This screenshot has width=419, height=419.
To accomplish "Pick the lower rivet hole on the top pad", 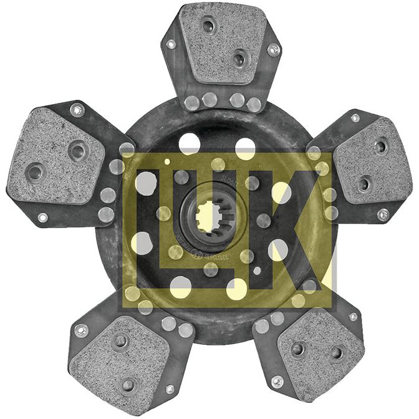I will point(239,59).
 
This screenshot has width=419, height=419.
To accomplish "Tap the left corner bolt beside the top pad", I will point(171,44).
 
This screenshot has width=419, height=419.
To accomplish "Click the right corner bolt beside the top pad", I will point(273,49).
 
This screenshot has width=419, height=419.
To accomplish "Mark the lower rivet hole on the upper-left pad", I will point(35,171).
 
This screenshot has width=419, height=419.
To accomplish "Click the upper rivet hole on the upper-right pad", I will point(380,147).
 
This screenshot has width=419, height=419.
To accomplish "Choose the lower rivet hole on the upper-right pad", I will point(364,184).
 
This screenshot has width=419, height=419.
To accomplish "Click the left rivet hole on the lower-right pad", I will point(298,349).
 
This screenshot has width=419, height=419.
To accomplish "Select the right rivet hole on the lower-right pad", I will point(336,353).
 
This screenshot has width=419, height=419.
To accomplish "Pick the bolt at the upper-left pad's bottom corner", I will point(42,218).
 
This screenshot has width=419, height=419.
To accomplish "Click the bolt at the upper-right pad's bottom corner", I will point(383,214).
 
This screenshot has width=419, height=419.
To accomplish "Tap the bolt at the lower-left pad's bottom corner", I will point(170,389).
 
